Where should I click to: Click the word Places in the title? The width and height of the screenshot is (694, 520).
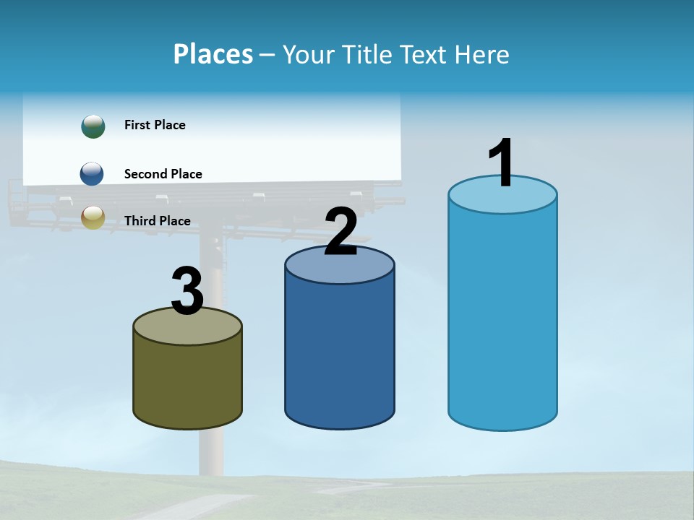(x=213, y=54)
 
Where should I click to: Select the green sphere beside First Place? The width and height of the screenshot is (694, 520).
(x=93, y=126)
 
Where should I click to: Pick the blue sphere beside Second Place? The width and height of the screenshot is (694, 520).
(x=92, y=174)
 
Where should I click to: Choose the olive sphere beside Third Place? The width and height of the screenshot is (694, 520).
(x=93, y=217)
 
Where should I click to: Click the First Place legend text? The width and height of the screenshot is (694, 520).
(x=155, y=125)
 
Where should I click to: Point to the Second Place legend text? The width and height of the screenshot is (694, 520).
(x=163, y=174)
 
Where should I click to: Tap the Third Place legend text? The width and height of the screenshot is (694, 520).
(x=158, y=221)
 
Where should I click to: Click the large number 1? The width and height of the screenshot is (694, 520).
(x=502, y=164)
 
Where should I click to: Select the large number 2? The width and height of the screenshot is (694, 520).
(x=341, y=232)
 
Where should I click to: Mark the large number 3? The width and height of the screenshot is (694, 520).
(x=187, y=291)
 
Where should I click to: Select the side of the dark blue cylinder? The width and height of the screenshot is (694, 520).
(x=340, y=347)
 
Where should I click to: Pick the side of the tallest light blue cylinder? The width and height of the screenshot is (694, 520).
(x=502, y=318)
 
